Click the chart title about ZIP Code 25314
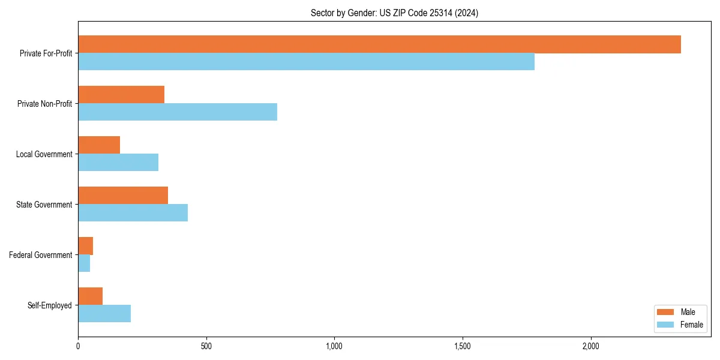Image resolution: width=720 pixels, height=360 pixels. click(394, 13)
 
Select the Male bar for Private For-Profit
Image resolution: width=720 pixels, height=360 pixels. click(379, 44)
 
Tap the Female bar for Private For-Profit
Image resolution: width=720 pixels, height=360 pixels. click(306, 62)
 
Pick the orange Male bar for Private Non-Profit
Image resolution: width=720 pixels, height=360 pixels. click(121, 95)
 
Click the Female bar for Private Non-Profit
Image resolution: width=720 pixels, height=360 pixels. click(178, 112)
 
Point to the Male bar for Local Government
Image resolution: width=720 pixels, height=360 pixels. click(99, 145)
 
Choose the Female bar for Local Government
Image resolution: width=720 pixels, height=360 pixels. click(118, 163)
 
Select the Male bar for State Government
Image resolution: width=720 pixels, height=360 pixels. click(123, 196)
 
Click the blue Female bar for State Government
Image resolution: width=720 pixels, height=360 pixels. click(133, 213)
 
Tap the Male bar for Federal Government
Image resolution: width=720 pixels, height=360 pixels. click(86, 246)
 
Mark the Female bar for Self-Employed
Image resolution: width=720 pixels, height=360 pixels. click(104, 314)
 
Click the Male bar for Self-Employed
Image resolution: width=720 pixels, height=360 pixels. click(91, 296)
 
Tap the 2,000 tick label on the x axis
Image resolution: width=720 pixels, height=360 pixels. click(591, 346)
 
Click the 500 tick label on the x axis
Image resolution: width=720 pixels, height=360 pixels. click(206, 346)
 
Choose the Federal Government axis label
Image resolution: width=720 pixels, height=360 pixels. click(41, 255)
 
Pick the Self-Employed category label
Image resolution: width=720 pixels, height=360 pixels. click(50, 305)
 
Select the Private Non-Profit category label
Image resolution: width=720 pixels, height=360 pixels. click(44, 104)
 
